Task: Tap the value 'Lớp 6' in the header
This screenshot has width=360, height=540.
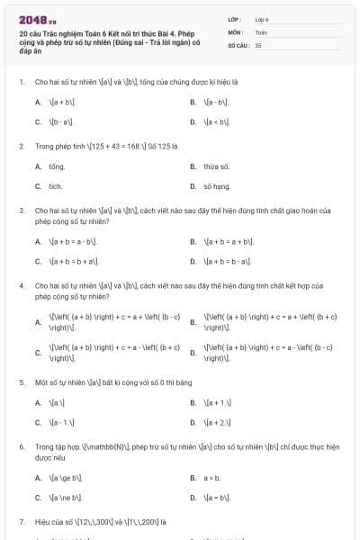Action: coord(262,19)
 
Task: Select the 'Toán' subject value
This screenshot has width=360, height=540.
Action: coord(261,31)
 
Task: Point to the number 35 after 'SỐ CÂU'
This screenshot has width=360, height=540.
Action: coord(258,44)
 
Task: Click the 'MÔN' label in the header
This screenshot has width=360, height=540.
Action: coord(236,31)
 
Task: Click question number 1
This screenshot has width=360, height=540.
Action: coord(21,82)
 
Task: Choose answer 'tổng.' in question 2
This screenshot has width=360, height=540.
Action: coord(57,166)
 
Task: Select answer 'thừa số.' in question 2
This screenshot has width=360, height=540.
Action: coord(216,166)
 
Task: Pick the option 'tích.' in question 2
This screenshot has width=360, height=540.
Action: coord(55,186)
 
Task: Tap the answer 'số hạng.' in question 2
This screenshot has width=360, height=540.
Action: coord(217,186)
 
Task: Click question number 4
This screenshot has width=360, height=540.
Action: coord(21,285)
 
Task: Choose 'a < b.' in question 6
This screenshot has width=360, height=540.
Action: coord(212,478)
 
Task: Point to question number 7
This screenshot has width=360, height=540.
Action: coord(21,521)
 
